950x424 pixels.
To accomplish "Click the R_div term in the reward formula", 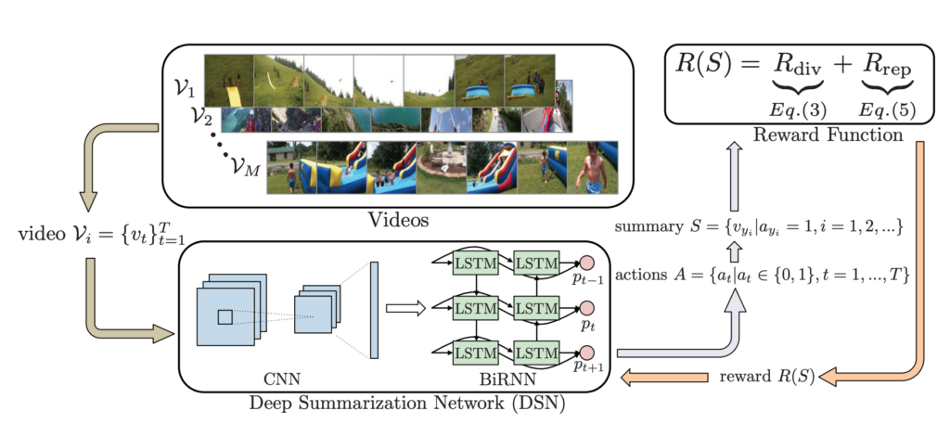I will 797,68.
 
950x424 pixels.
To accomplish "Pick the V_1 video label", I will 186,89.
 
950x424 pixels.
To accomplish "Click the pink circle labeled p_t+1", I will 586,352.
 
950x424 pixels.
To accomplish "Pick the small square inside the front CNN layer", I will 225,317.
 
